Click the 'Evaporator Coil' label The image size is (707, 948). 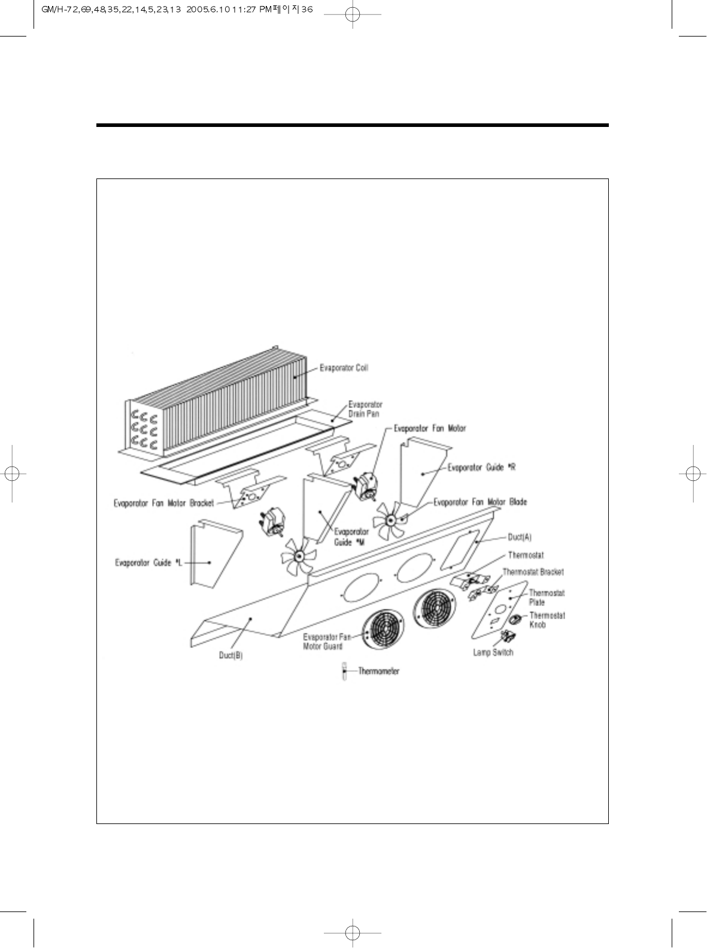tap(343, 368)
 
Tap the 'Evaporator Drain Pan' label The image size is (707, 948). tap(365, 409)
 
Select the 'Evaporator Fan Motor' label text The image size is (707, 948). tap(429, 429)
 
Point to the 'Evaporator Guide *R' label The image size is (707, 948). tap(482, 468)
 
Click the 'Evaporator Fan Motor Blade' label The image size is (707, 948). tap(480, 502)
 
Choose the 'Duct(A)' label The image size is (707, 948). tap(520, 538)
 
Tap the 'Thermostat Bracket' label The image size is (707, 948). tap(533, 573)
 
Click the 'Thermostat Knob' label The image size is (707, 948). tap(547, 620)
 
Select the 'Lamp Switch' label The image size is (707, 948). tap(493, 652)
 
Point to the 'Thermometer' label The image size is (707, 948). tap(378, 671)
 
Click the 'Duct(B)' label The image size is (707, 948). tap(230, 656)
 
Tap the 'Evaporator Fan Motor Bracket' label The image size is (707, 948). tap(163, 503)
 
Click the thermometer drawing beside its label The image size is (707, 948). tap(344, 671)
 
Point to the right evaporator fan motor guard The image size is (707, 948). tap(434, 609)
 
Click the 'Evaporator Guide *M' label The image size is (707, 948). tap(351, 537)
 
